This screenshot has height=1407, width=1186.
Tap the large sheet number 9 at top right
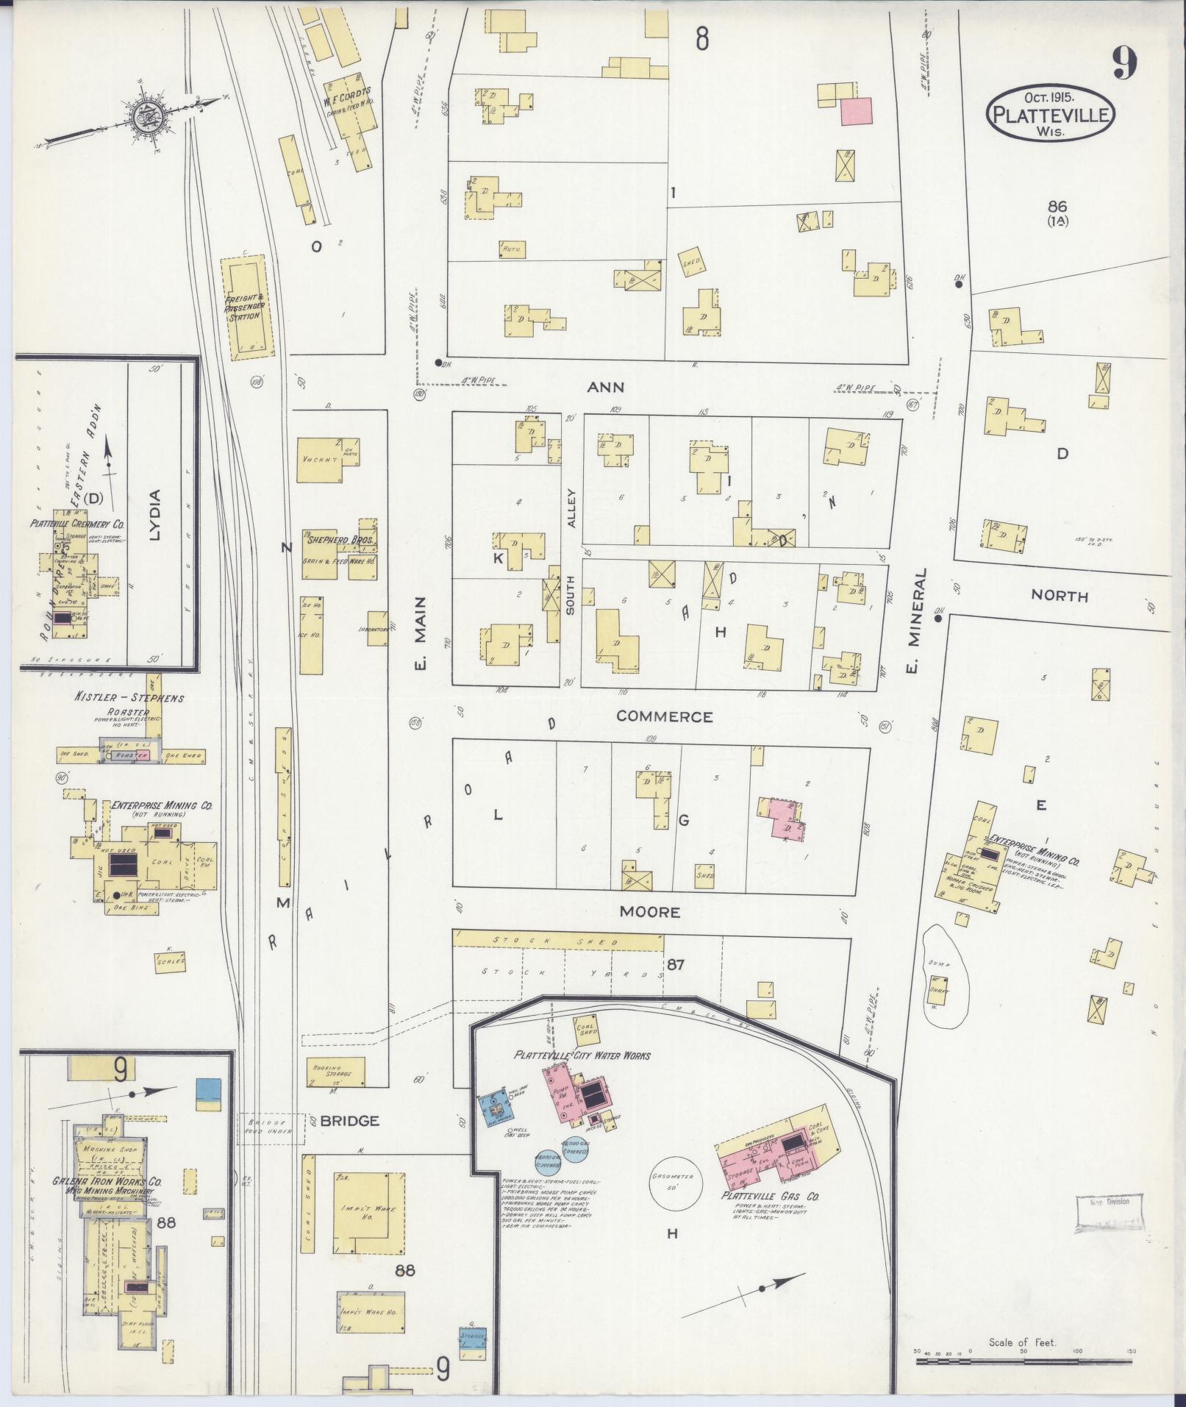1124,62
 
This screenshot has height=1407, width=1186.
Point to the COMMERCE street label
664,716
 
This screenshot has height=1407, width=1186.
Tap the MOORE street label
649,912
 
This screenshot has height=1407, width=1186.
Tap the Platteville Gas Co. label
770,1197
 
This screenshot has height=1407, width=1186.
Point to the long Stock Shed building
559,941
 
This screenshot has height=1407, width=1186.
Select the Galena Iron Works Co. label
108,1181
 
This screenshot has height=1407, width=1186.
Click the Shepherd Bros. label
340,540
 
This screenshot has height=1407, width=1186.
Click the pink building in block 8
856,112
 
